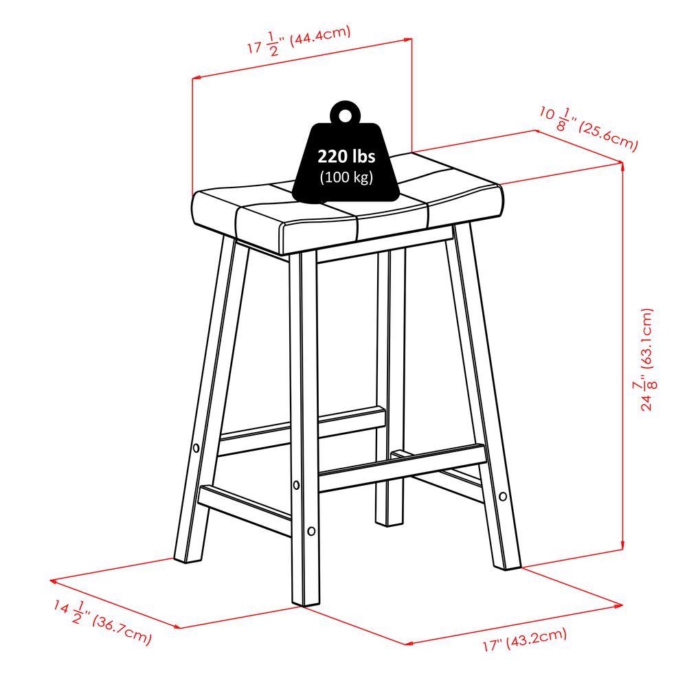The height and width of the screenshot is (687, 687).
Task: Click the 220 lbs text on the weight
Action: pyautogui.click(x=346, y=157)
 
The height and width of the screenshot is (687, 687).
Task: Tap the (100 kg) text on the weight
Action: pyautogui.click(x=346, y=177)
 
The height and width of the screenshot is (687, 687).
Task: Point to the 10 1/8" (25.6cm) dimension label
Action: pyautogui.click(x=589, y=128)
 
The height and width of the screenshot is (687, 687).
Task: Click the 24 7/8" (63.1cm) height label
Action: pyautogui.click(x=646, y=359)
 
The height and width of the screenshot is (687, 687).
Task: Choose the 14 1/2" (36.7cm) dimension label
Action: pyautogui.click(x=102, y=622)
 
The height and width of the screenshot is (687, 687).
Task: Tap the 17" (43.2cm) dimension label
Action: pyautogui.click(x=524, y=639)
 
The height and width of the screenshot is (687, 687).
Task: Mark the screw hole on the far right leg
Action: pyautogui.click(x=503, y=497)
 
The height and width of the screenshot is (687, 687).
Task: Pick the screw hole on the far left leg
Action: pyautogui.click(x=196, y=448)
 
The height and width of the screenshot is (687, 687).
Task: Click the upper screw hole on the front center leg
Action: pyautogui.click(x=296, y=485)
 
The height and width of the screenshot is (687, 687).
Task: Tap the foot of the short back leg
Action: pyautogui.click(x=387, y=522)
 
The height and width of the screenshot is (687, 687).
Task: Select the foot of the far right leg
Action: pyautogui.click(x=508, y=566)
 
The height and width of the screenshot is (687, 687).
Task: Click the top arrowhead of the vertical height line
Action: pyautogui.click(x=622, y=165)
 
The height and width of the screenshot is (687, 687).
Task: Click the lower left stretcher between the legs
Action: pyautogui.click(x=245, y=510)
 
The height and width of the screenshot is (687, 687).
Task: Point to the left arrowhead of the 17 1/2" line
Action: pyautogui.click(x=196, y=78)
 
